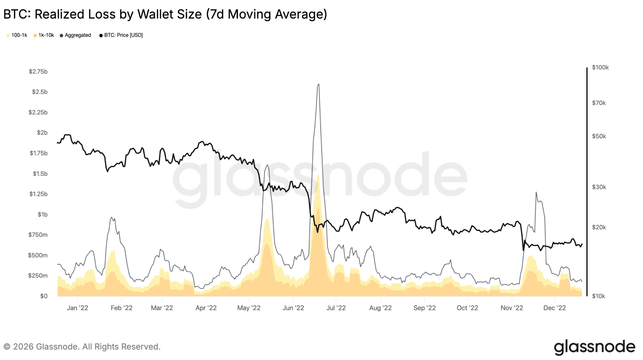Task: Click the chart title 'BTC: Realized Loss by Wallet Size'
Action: (165, 14)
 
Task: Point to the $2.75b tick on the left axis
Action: (38, 72)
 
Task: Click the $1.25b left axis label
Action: (38, 194)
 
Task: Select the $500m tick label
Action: (38, 255)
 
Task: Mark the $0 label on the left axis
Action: (44, 296)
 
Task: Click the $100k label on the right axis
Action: (600, 67)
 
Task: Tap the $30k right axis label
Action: (599, 187)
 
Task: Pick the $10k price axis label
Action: (598, 296)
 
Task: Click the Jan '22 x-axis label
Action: (78, 308)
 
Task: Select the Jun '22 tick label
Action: (293, 308)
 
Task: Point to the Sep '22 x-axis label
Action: (424, 308)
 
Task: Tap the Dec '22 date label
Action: (554, 308)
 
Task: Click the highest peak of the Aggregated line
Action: (318, 84)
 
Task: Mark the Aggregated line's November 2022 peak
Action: (536, 192)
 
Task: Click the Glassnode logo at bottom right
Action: (594, 347)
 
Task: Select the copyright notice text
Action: (82, 346)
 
